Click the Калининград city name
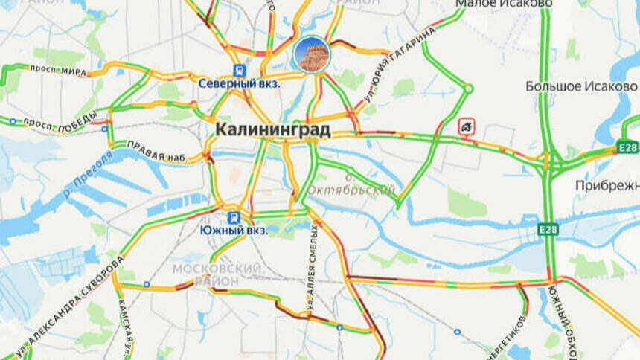(x=272, y=129)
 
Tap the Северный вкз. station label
(x=239, y=84)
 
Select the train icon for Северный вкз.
(x=239, y=71)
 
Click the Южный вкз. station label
(x=234, y=231)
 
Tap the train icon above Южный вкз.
(x=234, y=217)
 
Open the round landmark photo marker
(x=311, y=54)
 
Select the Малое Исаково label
(x=504, y=4)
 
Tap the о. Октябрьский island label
(x=370, y=185)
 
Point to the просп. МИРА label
(x=58, y=69)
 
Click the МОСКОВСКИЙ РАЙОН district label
(x=217, y=274)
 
